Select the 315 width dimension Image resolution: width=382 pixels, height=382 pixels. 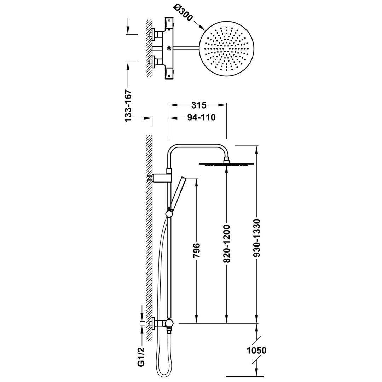[199, 105]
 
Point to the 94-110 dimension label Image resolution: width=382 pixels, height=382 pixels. [202, 117]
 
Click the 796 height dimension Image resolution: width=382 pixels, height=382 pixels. [196, 250]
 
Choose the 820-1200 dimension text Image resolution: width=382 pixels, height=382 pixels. [227, 244]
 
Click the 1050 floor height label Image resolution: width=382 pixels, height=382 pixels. [256, 351]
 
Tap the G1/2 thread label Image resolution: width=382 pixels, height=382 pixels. [141, 357]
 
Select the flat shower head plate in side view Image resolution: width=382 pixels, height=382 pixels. [227, 164]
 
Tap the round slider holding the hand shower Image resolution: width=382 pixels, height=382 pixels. [169, 214]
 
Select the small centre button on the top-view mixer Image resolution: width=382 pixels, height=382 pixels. [169, 48]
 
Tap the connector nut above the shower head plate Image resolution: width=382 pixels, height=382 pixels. [227, 160]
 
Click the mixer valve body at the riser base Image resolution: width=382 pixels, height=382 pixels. [169, 324]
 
